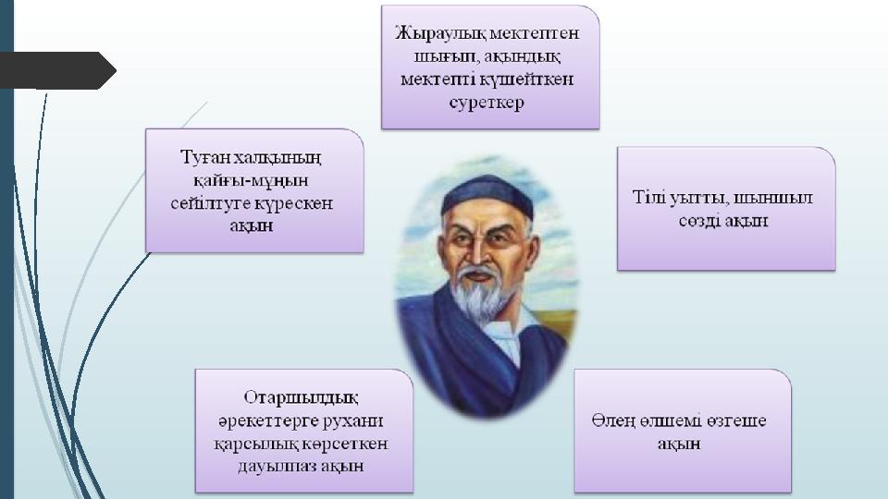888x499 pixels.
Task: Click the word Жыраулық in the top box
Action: [x=439, y=34]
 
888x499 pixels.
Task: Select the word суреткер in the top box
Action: [x=487, y=103]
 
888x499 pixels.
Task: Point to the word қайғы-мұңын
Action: [x=251, y=180]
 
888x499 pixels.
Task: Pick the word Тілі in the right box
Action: [x=649, y=198]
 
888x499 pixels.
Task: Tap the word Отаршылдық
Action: [x=301, y=397]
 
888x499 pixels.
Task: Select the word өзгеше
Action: [x=736, y=421]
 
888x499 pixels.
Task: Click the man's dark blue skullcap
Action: [x=487, y=197]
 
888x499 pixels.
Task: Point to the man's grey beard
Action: [x=481, y=294]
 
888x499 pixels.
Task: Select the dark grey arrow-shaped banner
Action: [x=57, y=71]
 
